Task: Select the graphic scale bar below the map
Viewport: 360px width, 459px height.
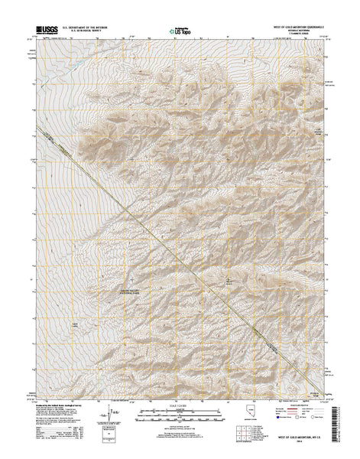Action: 179,417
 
